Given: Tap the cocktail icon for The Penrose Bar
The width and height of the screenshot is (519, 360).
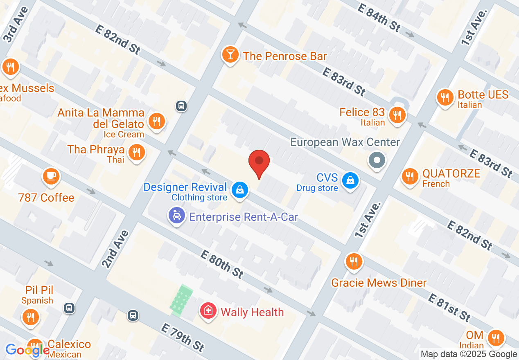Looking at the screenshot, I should [230, 55].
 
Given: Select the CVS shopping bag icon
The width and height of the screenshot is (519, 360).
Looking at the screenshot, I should [350, 180].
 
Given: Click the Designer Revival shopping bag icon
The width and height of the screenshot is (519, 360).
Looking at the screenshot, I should [239, 189].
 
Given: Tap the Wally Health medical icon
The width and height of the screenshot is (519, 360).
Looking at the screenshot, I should [208, 311].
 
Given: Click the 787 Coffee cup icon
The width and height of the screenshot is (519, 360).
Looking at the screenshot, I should [50, 177].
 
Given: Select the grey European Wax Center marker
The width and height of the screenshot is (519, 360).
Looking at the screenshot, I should [377, 160].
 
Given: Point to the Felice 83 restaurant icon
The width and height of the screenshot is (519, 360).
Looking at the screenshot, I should [397, 115].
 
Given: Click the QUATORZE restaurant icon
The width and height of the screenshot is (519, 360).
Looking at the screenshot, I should [409, 176].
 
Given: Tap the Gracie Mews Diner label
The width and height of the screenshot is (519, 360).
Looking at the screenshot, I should [379, 283].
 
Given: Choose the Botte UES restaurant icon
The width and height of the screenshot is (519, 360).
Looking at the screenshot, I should [445, 98].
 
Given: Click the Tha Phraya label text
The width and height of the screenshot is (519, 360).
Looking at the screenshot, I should [96, 150].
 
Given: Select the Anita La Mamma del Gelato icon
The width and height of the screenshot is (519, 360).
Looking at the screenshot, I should [156, 121].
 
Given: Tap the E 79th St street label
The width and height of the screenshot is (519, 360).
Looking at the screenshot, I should [182, 337].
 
